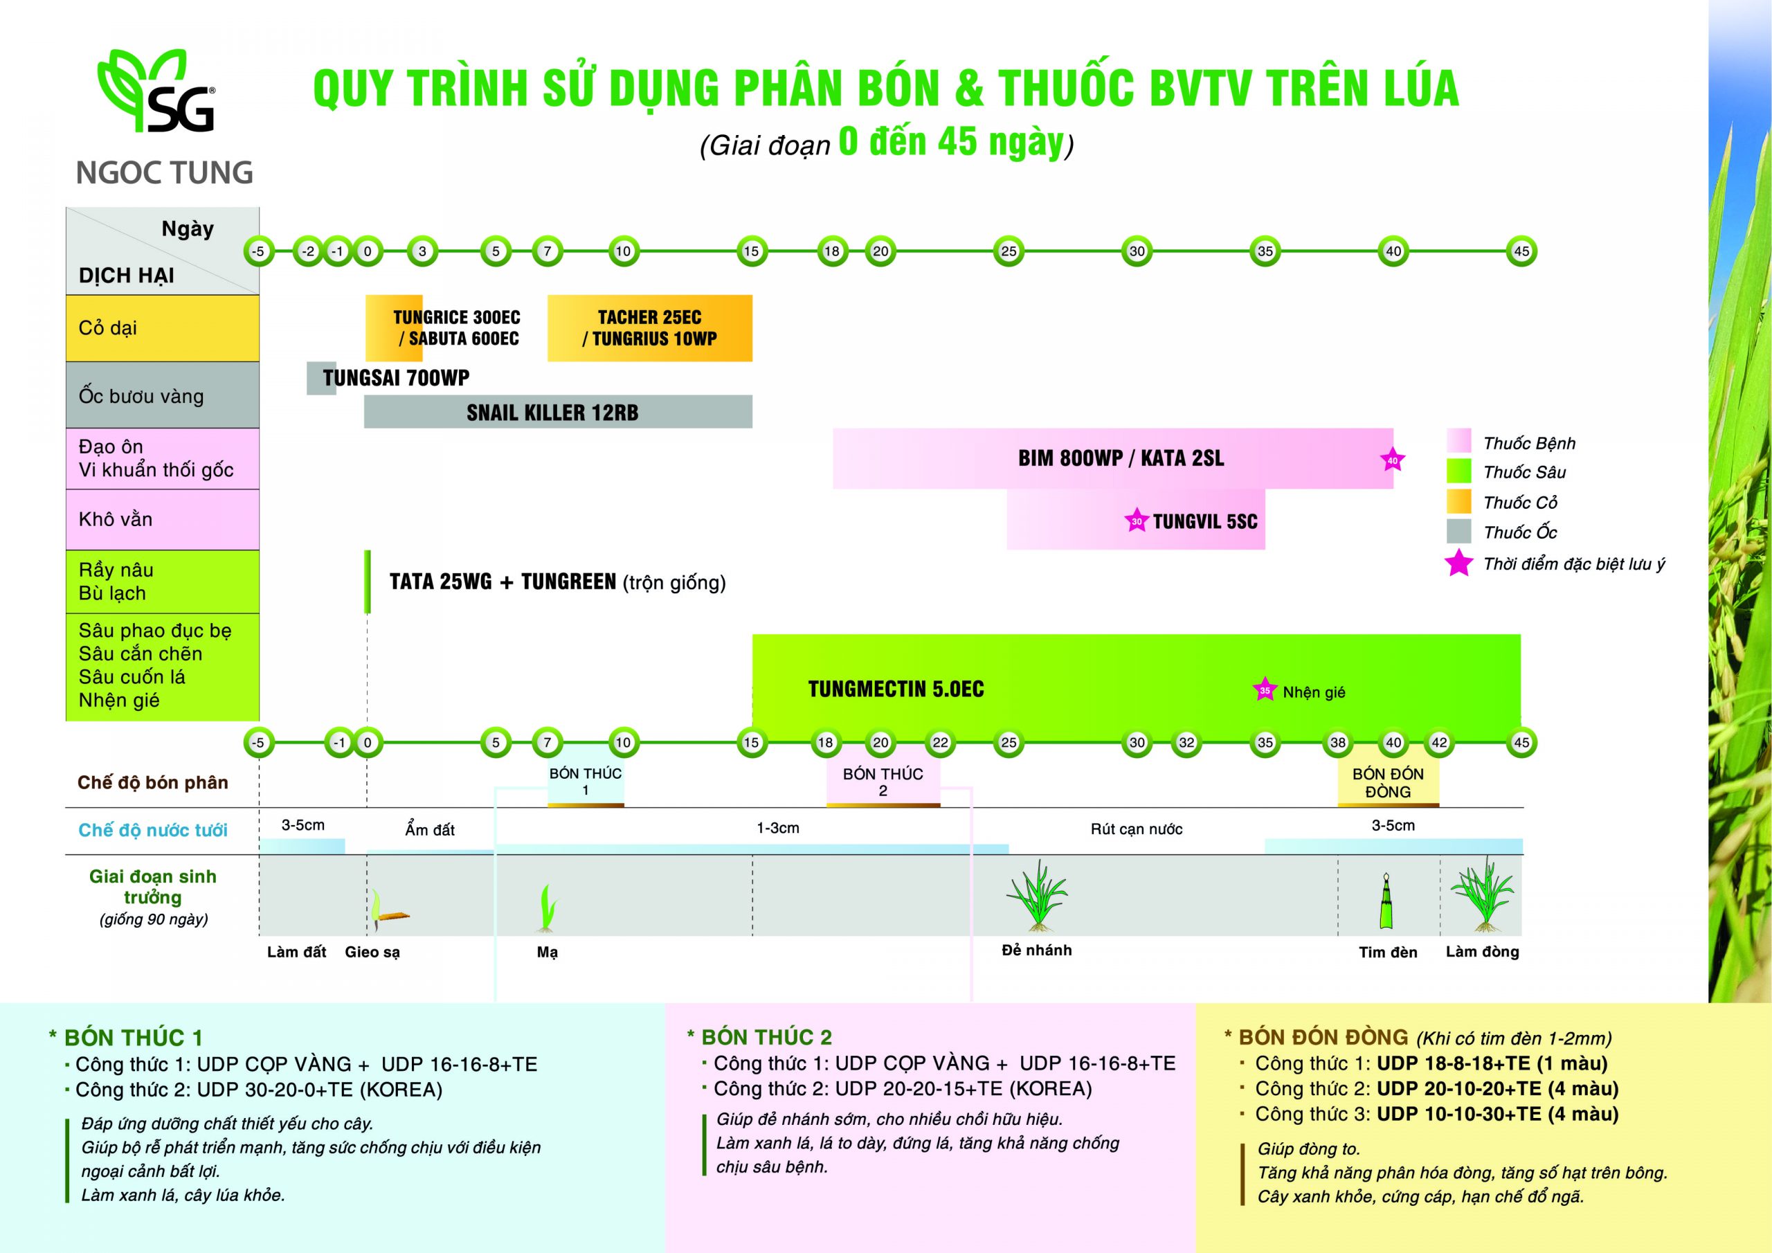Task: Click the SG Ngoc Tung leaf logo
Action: point(156,91)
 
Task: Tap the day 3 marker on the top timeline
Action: point(422,251)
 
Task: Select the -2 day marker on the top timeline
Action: point(308,251)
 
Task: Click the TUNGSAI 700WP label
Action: point(396,377)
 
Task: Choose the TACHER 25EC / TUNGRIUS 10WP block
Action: point(649,328)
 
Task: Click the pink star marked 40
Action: point(1392,460)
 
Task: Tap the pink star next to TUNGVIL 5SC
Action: point(1136,521)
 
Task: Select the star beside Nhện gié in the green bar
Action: point(1264,689)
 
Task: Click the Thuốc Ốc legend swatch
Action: point(1458,532)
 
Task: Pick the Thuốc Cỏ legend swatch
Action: point(1458,502)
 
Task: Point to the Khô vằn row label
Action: point(116,519)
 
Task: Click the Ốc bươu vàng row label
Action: point(141,396)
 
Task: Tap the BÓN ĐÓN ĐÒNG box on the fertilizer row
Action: point(1388,783)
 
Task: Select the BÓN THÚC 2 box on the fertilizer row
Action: point(883,782)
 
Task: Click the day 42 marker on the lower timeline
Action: point(1439,742)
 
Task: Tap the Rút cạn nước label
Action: point(1136,829)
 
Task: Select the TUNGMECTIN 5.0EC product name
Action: point(895,689)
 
